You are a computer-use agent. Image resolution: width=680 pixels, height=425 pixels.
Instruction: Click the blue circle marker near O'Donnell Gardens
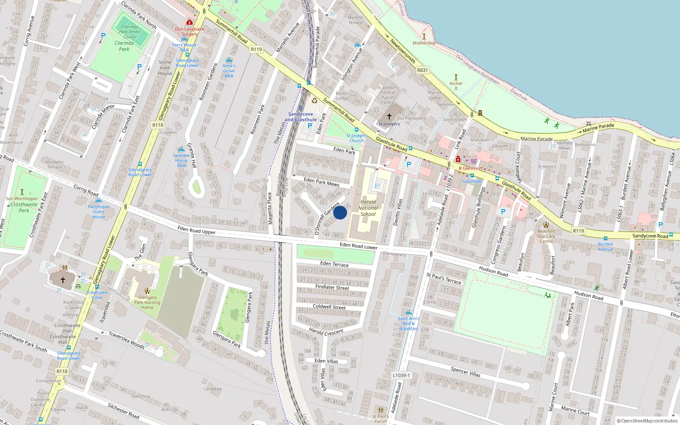340,212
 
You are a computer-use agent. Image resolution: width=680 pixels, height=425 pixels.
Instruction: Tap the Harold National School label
368,208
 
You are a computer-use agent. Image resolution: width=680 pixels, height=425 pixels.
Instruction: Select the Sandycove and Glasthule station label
300,117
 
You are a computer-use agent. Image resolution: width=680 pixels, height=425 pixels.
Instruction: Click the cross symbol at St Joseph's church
389,116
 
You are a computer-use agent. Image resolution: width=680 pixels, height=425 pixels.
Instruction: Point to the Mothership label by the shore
424,43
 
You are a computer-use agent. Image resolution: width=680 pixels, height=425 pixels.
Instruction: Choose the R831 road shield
422,70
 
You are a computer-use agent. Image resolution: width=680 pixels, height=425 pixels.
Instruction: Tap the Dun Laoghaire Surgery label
190,31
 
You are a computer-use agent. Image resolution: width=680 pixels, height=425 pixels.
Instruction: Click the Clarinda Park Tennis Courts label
130,32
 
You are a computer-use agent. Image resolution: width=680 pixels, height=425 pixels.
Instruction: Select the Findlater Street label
332,287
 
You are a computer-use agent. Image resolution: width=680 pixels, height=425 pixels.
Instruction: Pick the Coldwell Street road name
329,306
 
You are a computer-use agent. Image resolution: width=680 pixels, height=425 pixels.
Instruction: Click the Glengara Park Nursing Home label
147,302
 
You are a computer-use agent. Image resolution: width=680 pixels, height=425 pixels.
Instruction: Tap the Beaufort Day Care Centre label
546,236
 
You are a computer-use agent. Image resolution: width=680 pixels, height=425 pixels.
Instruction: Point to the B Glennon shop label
469,168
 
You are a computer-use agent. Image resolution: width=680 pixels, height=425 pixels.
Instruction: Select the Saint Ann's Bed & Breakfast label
408,323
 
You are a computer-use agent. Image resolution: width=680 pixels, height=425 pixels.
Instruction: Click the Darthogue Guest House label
99,212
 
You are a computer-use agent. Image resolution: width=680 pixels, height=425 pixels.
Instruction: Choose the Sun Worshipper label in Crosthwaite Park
22,198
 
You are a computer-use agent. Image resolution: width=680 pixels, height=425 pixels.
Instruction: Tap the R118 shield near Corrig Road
158,125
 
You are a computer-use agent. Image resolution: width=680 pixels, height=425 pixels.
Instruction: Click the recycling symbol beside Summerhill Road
314,101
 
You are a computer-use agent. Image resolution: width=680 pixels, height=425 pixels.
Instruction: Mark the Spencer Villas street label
466,372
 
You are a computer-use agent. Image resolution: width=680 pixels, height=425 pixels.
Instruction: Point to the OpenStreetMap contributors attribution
647,421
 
